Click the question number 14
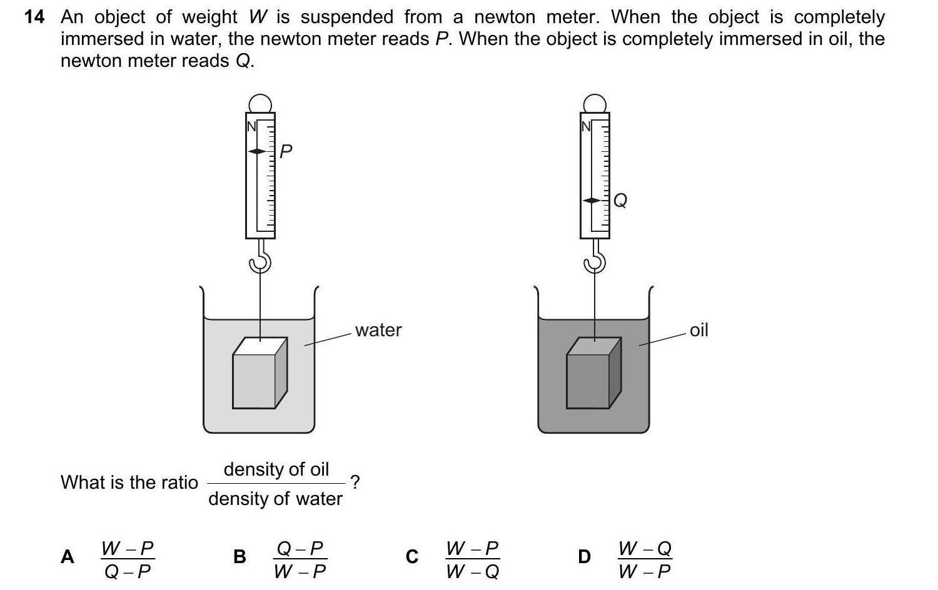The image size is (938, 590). pos(34,17)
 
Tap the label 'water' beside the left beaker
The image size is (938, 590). pos(378,330)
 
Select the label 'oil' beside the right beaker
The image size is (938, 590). pos(698,330)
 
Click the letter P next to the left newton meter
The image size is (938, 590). pos(286,151)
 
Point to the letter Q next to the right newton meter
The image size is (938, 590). pos(620,200)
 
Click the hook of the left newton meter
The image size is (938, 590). pos(260,259)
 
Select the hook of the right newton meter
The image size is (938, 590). pos(595,259)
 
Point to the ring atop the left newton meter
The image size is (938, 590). pos(260,103)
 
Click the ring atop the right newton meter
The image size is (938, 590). pos(595,103)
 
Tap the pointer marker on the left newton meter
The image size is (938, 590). pos(258,151)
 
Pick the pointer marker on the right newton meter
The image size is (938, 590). pos(592,201)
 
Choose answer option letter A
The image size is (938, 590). pos(68,557)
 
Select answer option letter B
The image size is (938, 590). pos(240,557)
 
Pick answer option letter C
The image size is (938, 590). pos(411,557)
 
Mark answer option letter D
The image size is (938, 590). pos(584,557)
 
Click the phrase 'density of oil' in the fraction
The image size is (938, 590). pos(276,469)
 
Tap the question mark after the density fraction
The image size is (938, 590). pos(355,482)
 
